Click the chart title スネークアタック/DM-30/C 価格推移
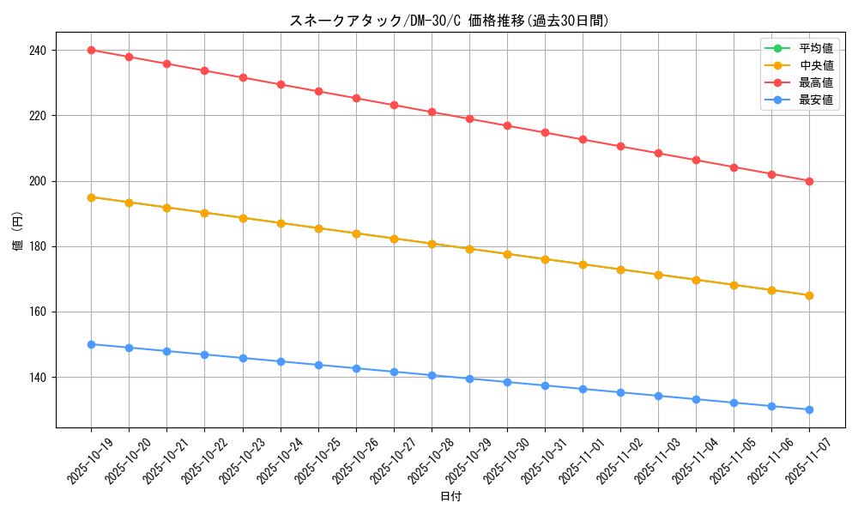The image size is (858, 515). [450, 21]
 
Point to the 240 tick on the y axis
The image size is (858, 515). [38, 51]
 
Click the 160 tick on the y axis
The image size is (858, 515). [38, 312]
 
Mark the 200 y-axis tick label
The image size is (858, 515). [38, 181]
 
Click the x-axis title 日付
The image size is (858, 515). [450, 497]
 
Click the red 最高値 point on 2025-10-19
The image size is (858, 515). [91, 50]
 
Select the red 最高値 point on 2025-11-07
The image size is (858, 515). [809, 181]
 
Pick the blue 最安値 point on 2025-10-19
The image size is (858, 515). [91, 344]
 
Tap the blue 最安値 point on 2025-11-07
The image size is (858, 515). [809, 409]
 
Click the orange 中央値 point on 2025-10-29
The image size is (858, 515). [469, 249]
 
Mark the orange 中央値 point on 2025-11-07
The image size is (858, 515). [809, 295]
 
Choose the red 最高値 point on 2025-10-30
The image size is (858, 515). [507, 126]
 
